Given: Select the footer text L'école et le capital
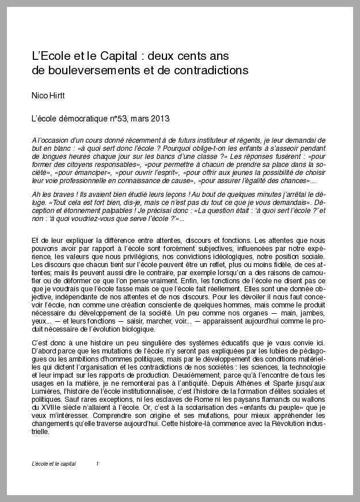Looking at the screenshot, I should pos(56,463).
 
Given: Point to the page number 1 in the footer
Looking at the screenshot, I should pos(97,463).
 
